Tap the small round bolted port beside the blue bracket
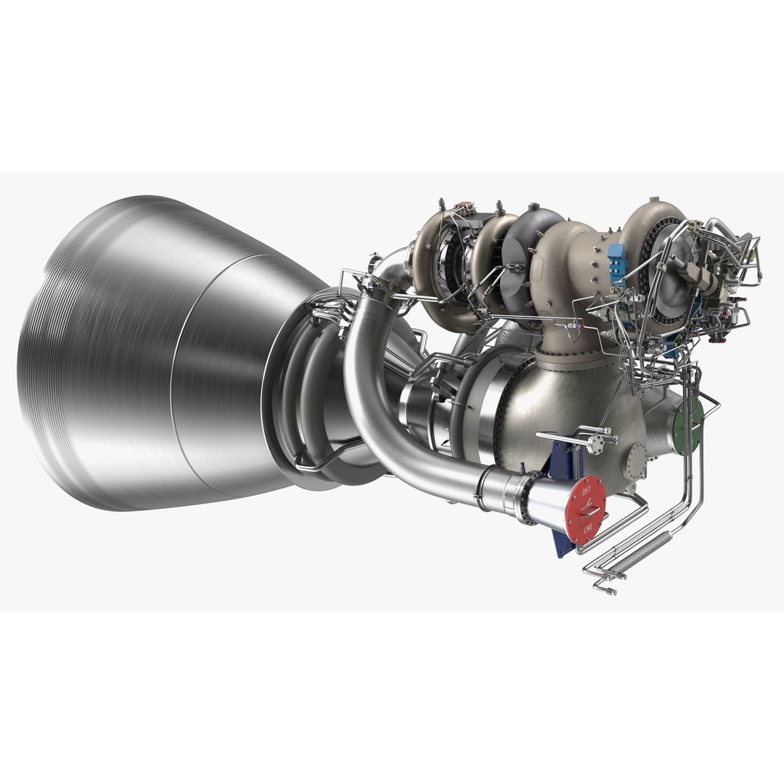pyautogui.click(x=637, y=459)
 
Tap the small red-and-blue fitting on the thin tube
pyautogui.click(x=573, y=331)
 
